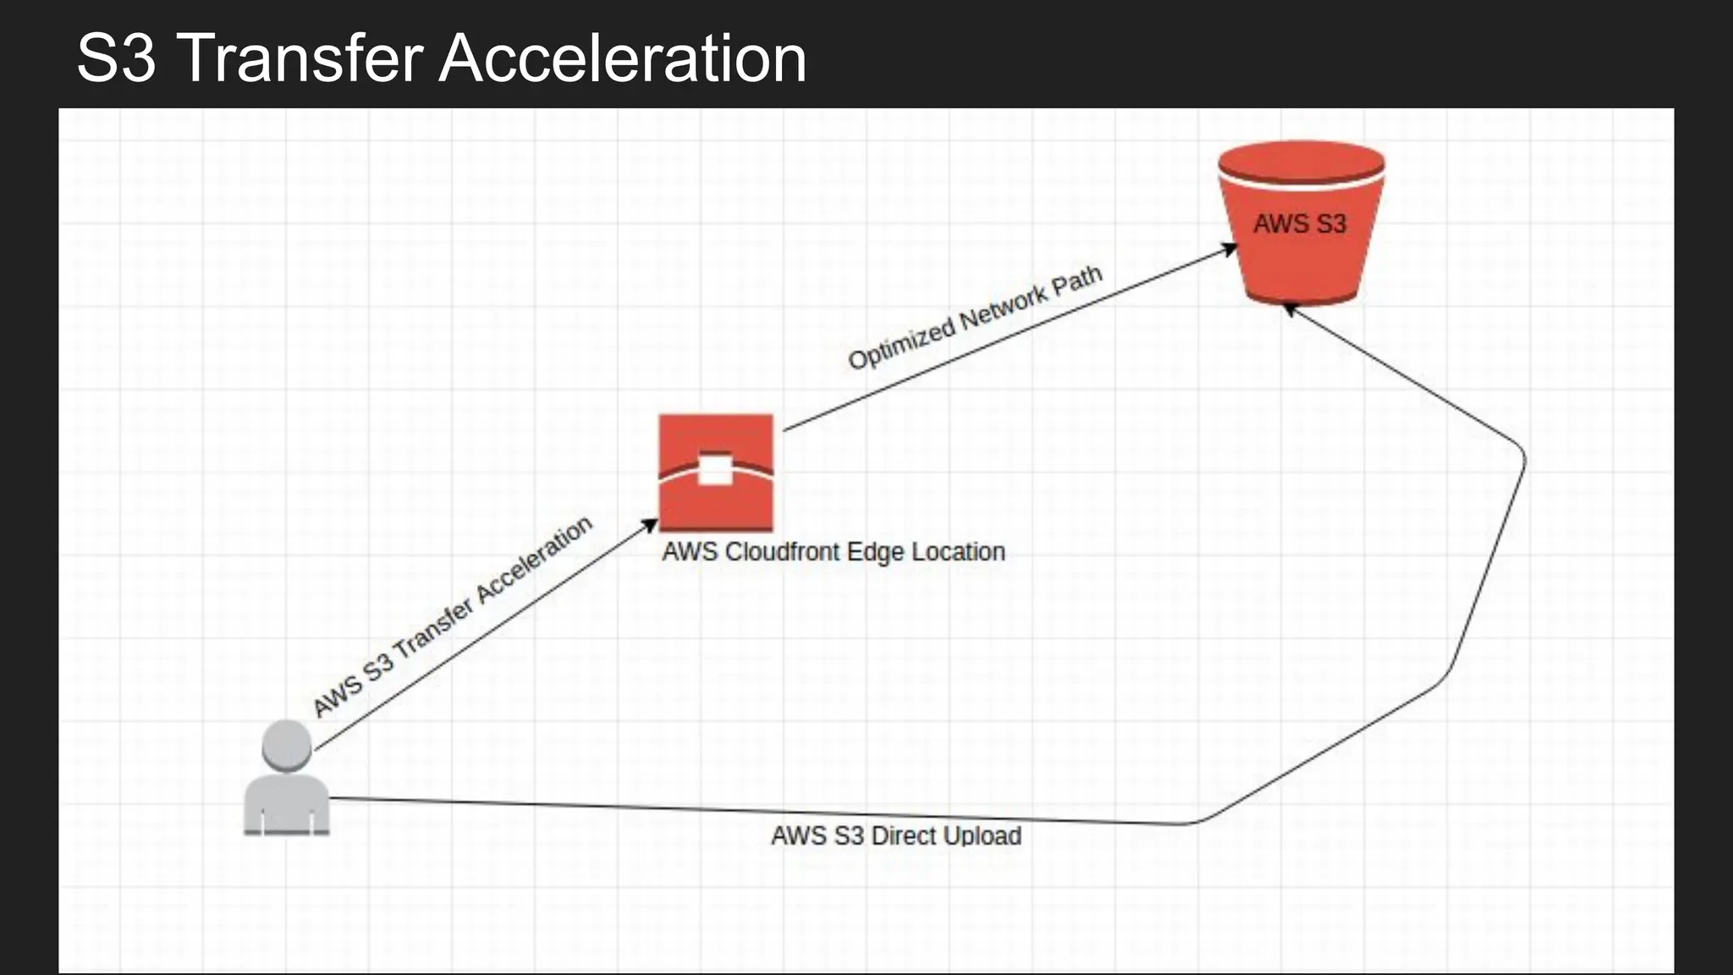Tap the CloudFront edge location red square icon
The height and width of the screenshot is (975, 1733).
point(716,471)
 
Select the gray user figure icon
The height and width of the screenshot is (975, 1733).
point(286,779)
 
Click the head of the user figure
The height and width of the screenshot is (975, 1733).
point(286,745)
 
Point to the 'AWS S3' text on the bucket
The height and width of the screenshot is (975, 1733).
point(1300,223)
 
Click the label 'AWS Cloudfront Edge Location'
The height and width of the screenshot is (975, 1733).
point(833,552)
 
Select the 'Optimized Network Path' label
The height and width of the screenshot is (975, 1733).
point(975,317)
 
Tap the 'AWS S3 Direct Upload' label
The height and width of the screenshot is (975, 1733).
point(896,835)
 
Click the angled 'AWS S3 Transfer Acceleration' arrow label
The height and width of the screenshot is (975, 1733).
point(453,617)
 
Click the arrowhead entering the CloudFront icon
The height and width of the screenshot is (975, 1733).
point(650,525)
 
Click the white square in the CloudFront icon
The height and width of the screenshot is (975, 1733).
point(715,471)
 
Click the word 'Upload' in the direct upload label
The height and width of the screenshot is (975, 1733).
point(982,835)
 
